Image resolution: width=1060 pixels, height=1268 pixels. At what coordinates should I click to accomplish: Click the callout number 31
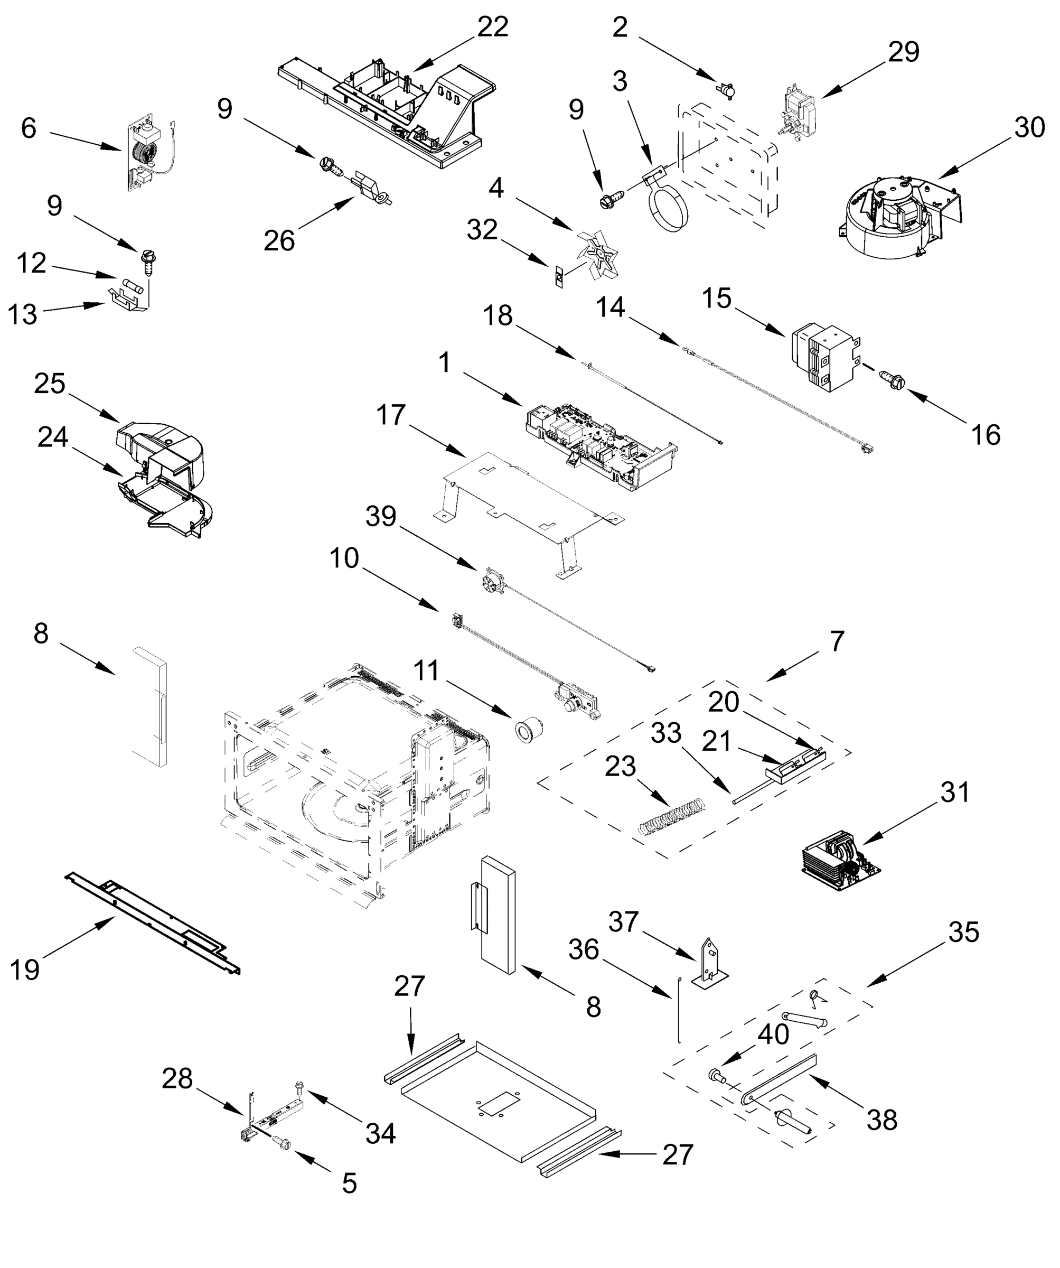click(954, 792)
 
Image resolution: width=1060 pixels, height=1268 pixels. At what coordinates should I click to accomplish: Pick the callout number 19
click(25, 969)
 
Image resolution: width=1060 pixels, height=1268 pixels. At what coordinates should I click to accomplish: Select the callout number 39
click(381, 517)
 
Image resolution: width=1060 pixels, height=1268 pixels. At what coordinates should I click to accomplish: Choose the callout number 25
click(50, 384)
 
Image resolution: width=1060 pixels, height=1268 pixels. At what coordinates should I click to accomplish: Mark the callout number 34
click(381, 1134)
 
